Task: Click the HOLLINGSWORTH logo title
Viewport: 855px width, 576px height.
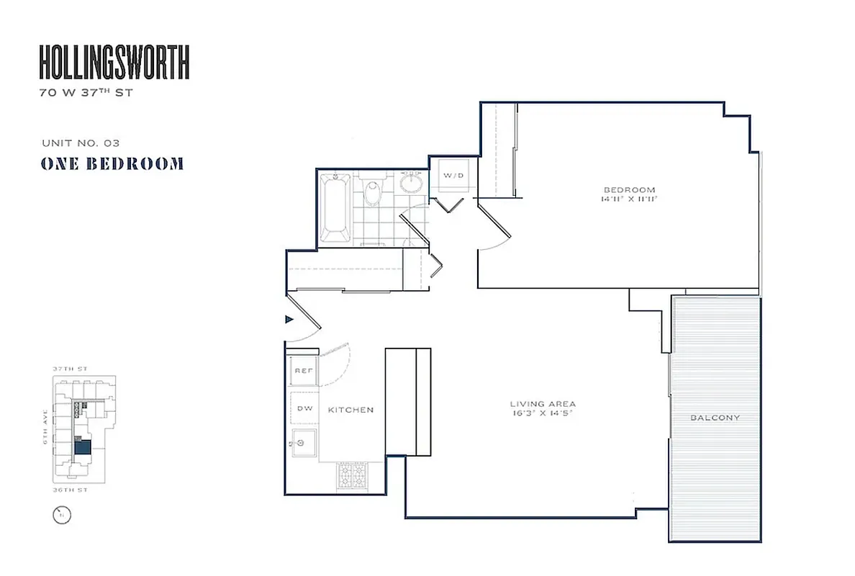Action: coord(114,63)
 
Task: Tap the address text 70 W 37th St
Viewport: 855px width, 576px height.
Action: coord(86,93)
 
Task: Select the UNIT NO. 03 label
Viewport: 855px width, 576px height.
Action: coord(76,143)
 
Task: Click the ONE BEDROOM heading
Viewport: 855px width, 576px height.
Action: coord(112,164)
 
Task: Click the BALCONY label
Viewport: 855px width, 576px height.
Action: coord(715,418)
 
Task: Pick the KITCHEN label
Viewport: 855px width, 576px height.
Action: coord(350,410)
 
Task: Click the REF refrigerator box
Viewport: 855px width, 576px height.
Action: coord(303,372)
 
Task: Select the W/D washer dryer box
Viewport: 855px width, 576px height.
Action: coord(453,175)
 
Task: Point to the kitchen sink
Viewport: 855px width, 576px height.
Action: coord(304,441)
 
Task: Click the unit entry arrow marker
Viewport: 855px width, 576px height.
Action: coord(290,318)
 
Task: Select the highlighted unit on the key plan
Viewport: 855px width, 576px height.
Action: coord(83,448)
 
